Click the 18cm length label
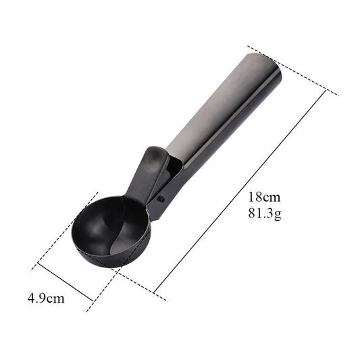pos(264,197)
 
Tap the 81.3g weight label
pos(265,213)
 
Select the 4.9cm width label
pos(46,299)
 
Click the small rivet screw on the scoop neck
pos(162,199)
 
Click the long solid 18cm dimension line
pos(240,191)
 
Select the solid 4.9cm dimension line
pos(66,282)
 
